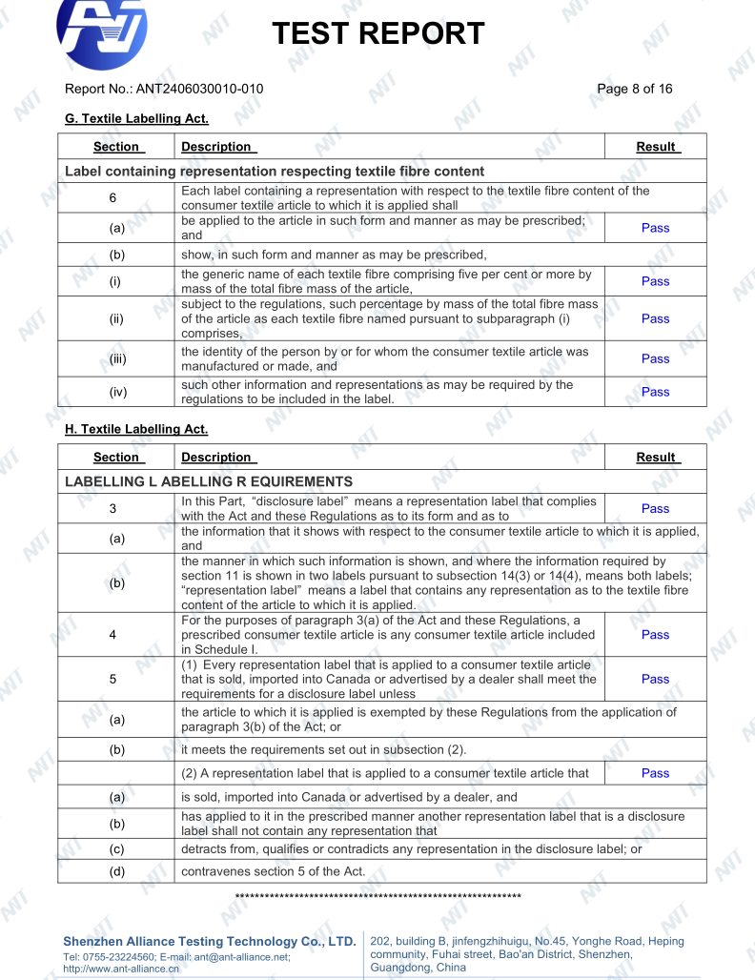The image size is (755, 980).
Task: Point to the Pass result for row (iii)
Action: [x=655, y=358]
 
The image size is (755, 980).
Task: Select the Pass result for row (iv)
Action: [x=655, y=392]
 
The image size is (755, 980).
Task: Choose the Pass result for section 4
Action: [x=655, y=634]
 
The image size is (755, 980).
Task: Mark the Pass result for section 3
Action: [x=655, y=509]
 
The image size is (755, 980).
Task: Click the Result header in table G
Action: [x=656, y=148]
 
